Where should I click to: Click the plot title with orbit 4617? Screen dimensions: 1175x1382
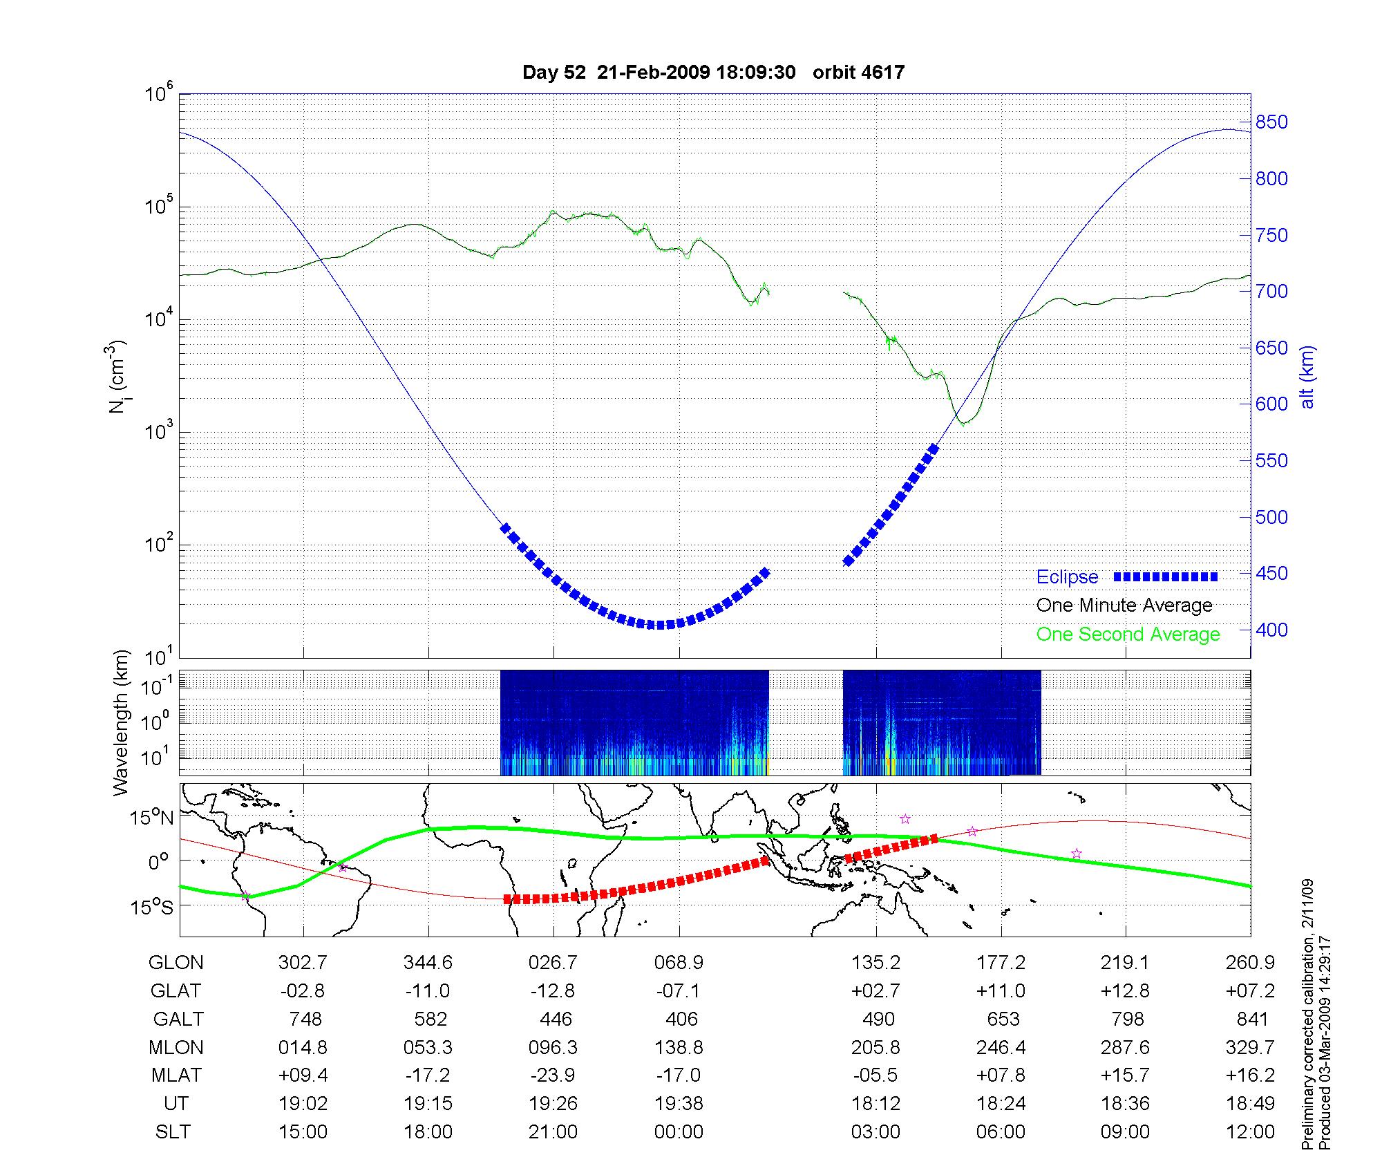point(713,73)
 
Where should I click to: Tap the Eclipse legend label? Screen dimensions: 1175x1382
point(1067,577)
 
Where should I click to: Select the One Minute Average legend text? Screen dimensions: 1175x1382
point(1124,605)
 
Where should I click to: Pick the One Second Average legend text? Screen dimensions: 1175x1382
point(1128,634)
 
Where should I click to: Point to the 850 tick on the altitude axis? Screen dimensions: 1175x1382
point(1271,122)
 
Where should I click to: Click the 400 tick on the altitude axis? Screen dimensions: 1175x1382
point(1271,630)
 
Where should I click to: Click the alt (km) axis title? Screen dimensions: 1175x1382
point(1307,377)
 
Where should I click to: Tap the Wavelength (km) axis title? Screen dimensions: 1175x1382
point(120,722)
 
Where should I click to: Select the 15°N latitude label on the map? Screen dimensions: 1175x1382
point(153,818)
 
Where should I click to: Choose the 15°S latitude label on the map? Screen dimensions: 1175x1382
point(153,906)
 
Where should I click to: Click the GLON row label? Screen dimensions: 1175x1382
point(176,963)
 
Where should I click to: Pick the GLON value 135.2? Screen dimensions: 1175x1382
point(875,963)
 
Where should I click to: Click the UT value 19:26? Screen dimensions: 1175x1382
point(553,1103)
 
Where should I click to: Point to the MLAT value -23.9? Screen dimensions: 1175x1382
point(553,1075)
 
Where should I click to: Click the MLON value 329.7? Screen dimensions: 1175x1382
point(1250,1047)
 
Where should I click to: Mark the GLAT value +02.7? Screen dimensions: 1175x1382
point(875,990)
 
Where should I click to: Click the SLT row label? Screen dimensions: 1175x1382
point(173,1131)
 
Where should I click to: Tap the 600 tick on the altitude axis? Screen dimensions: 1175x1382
point(1271,404)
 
